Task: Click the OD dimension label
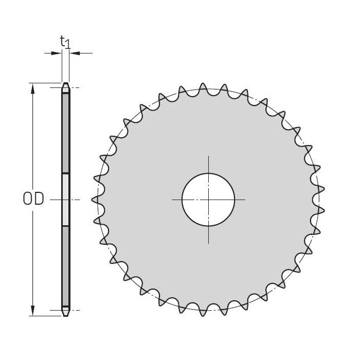point(33,199)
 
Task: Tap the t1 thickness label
point(65,42)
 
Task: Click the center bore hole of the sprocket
point(208,199)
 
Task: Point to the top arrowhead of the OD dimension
point(33,88)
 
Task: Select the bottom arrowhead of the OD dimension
point(33,311)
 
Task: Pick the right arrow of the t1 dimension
point(73,52)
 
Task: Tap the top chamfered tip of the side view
point(65,85)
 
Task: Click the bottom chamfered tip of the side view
point(65,313)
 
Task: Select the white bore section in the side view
point(65,199)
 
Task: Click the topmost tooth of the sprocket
point(203,87)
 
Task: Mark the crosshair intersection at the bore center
point(208,199)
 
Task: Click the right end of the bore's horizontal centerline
point(245,199)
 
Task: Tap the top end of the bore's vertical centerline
point(208,156)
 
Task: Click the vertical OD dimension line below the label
point(33,257)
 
